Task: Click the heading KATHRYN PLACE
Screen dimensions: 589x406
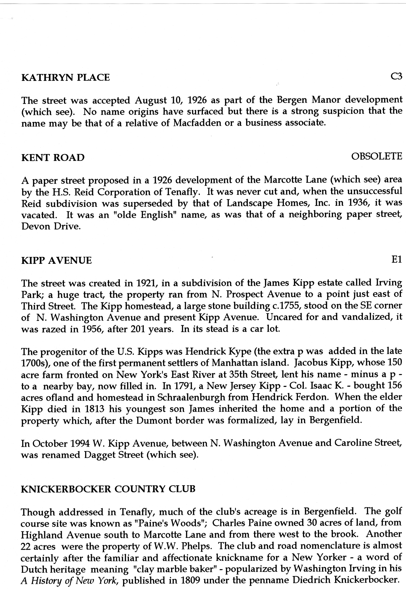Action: pyautogui.click(x=66, y=77)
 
